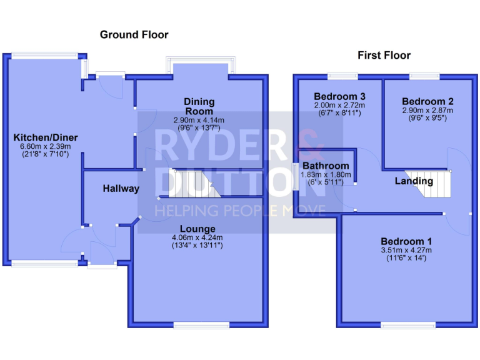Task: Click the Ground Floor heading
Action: point(134,35)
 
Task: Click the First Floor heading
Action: point(384,56)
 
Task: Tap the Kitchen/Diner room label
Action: point(42,137)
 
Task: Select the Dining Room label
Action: point(199,106)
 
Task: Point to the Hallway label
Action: point(121,189)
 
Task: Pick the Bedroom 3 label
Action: point(339,96)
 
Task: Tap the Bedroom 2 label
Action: point(427,101)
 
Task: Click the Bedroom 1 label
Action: point(407,241)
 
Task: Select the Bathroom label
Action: point(326,166)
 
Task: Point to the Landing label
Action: point(414,181)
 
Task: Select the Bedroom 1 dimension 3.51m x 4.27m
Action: point(407,250)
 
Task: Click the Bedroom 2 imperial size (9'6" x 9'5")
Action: point(427,118)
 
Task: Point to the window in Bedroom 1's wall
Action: point(408,324)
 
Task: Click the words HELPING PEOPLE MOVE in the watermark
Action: point(240,211)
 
